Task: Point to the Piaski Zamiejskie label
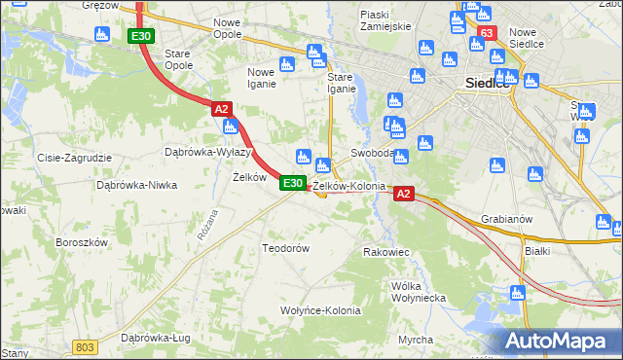[x=385, y=20]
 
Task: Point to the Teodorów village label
[x=286, y=248]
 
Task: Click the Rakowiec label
[x=385, y=252]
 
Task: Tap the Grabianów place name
[x=507, y=219]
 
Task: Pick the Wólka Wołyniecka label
[x=417, y=292]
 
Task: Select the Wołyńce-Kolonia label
[x=321, y=311]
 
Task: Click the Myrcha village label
[x=416, y=339]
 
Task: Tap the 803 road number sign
[x=86, y=346]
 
